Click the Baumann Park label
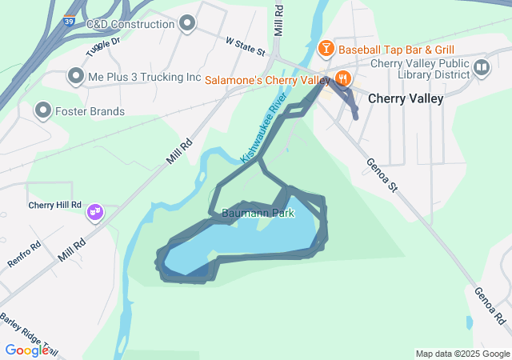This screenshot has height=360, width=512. [x=258, y=214]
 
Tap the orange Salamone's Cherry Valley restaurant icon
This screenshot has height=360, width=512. [x=342, y=78]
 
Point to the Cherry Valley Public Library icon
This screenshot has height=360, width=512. [x=481, y=67]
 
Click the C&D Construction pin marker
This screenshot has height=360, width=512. [x=188, y=23]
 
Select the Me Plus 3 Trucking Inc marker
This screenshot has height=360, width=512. [x=76, y=77]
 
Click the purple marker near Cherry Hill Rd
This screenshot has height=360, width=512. [x=95, y=213]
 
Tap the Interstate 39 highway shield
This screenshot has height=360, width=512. [x=70, y=22]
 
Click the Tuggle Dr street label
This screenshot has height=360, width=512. [x=105, y=42]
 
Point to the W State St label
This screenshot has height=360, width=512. [x=245, y=46]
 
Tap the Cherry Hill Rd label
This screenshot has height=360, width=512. [x=55, y=205]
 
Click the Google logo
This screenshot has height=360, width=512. [x=27, y=350]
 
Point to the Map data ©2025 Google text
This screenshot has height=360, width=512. [x=462, y=354]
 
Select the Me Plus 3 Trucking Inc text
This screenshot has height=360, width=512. [x=145, y=77]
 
